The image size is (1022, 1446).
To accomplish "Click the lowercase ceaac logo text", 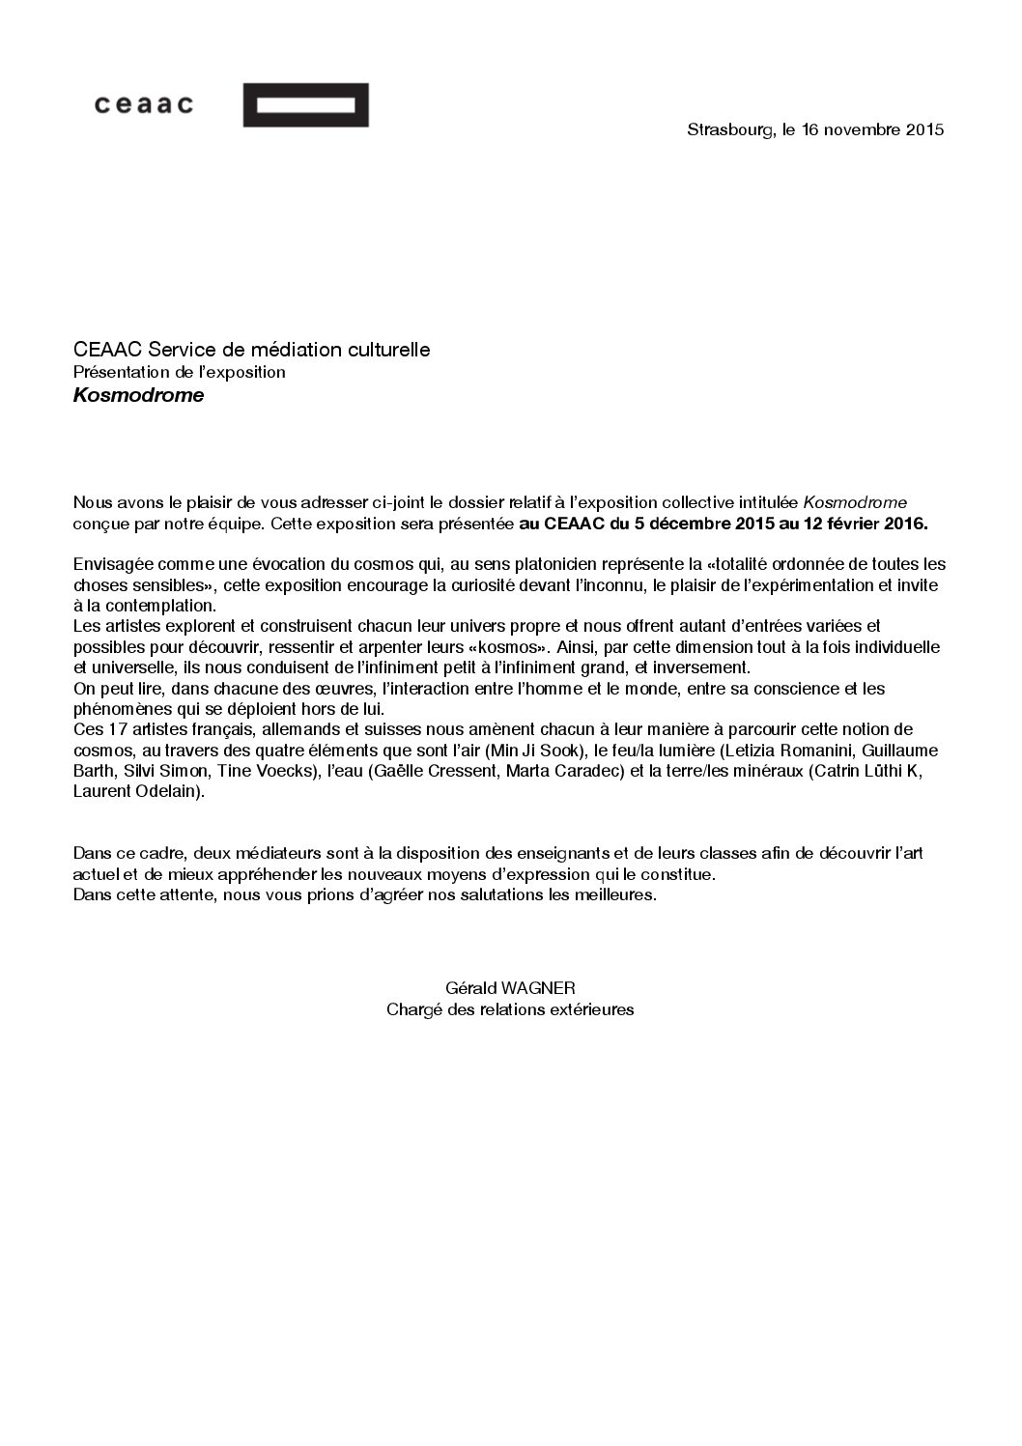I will tap(143, 104).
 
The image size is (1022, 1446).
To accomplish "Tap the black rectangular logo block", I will tap(305, 104).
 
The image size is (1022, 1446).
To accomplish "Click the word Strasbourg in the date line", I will tap(729, 129).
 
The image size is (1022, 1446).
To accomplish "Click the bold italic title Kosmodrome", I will tap(138, 395).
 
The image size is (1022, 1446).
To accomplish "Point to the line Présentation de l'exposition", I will tap(179, 372).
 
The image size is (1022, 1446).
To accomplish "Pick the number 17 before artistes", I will tap(112, 729).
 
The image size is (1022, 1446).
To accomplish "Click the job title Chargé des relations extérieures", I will tap(509, 1009).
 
